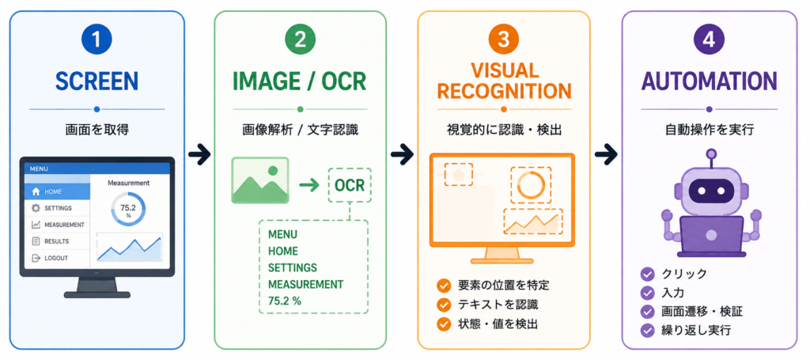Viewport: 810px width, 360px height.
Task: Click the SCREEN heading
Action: point(97,81)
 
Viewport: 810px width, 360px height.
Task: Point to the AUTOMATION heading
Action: point(709,81)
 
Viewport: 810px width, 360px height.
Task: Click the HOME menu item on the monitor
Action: point(57,191)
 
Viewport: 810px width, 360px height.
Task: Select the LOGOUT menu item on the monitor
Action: point(57,258)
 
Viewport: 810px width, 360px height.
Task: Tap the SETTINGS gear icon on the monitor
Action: point(36,208)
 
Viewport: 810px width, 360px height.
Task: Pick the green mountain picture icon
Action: point(259,180)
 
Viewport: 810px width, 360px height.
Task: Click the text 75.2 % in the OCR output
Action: point(284,301)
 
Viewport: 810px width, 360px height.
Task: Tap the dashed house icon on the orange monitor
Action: point(457,173)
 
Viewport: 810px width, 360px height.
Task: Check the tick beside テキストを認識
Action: point(443,305)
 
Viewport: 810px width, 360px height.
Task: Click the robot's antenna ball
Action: point(711,154)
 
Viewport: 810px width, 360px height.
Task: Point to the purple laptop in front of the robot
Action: point(711,236)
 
